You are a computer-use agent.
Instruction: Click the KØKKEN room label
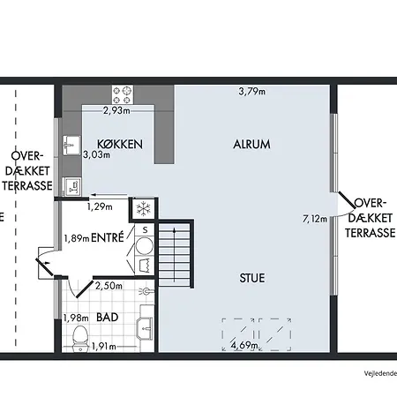tap(120, 144)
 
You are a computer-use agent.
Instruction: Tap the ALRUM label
tap(251, 145)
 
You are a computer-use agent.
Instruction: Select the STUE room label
tap(252, 278)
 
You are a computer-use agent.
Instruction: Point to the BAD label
tap(108, 318)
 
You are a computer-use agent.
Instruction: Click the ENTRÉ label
tap(108, 237)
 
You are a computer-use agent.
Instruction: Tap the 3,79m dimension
tap(252, 92)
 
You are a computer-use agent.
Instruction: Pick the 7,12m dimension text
tap(315, 219)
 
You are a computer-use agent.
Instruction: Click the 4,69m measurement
tap(244, 345)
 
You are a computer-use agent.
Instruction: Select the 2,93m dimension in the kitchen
tap(116, 111)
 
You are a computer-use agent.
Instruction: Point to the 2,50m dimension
tap(109, 286)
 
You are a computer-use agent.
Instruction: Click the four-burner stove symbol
tap(123, 94)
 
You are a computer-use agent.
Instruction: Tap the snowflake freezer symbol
tap(144, 209)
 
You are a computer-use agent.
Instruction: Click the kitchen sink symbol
tap(71, 146)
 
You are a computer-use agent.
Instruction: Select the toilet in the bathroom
tap(80, 338)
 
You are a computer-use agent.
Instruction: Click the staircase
tap(175, 255)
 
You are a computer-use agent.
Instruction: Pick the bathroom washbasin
tap(146, 327)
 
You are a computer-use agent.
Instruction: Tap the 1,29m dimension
tap(100, 206)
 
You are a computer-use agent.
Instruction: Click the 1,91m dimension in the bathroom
tap(104, 347)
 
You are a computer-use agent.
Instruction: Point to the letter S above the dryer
tap(145, 230)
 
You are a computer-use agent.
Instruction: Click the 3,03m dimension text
tap(96, 154)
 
